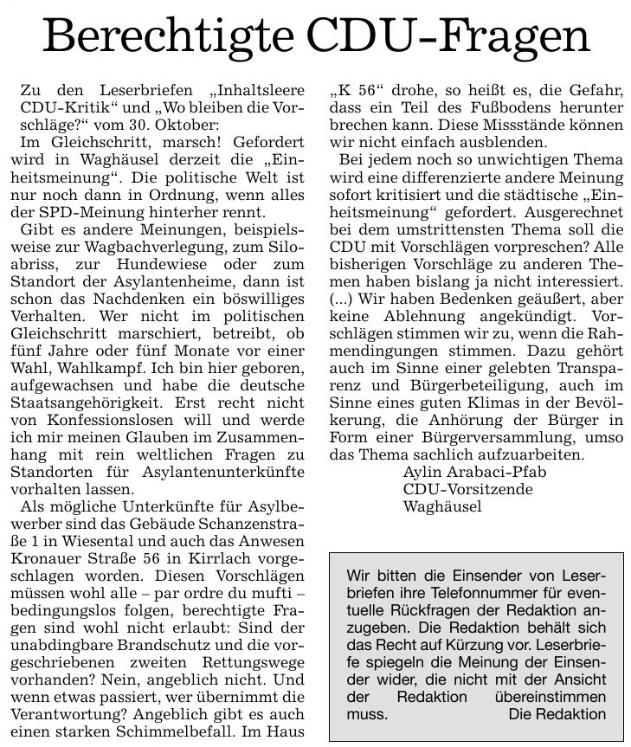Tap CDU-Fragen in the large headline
[x=457, y=37]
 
